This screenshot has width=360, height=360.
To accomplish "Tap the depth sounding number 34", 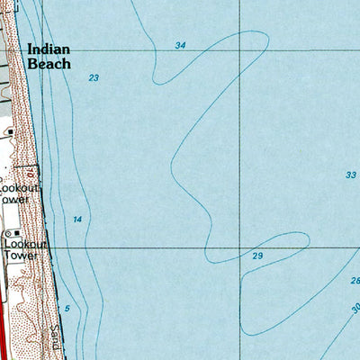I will [x=181, y=44].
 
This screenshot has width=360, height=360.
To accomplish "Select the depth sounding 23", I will [x=94, y=79].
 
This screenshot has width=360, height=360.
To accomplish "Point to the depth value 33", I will [x=350, y=175].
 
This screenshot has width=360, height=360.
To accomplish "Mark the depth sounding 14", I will [x=77, y=220].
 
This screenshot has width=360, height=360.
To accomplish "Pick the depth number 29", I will [x=257, y=257].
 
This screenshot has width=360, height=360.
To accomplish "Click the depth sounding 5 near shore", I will [x=67, y=309].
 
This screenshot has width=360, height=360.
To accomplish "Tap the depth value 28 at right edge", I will [x=355, y=282].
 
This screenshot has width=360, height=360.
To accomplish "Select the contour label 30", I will [x=355, y=309].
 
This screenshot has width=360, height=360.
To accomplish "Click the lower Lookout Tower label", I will [x=20, y=249].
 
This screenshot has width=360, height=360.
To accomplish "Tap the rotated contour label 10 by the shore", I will [x=30, y=171].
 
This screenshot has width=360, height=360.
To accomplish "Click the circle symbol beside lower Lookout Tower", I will [x=6, y=234].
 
